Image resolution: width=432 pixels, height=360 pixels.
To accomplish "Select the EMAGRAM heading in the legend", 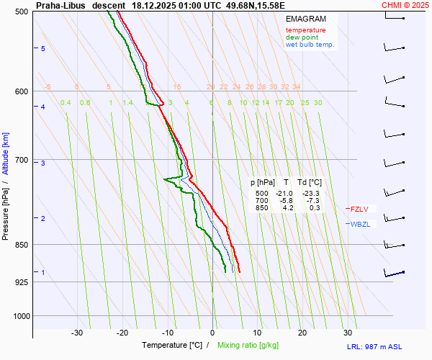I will [x=305, y=19].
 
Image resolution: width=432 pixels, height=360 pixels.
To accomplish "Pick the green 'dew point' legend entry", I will [x=303, y=37].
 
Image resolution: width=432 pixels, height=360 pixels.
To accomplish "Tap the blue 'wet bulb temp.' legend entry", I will [x=310, y=45].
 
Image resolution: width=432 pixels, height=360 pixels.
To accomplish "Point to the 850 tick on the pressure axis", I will [x=21, y=245].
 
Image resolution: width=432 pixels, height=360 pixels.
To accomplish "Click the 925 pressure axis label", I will [x=21, y=282].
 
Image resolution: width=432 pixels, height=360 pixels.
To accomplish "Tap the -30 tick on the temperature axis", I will [x=77, y=333].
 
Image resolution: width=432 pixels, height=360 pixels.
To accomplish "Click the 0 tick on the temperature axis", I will [x=212, y=333].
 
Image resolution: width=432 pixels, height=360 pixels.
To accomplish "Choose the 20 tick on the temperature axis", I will [x=302, y=333].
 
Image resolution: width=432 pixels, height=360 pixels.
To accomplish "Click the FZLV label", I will [x=359, y=209].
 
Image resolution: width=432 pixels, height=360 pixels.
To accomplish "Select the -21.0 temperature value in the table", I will [x=283, y=194].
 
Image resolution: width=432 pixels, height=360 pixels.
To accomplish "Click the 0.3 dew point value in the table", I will [x=315, y=208].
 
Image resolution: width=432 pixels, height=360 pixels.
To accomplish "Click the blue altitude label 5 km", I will [x=43, y=48].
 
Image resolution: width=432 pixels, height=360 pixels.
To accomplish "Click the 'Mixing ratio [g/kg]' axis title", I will [x=249, y=346].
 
